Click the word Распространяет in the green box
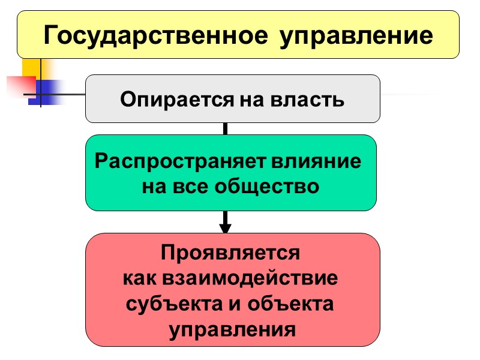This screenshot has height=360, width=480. pyautogui.click(x=177, y=162)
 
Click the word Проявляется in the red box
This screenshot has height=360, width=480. pyautogui.click(x=230, y=253)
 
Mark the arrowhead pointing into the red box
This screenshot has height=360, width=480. pyautogui.click(x=225, y=227)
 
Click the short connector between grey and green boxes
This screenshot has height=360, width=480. pyautogui.click(x=225, y=128)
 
